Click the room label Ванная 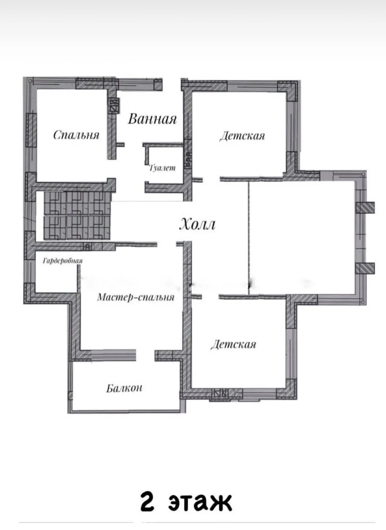point(152,119)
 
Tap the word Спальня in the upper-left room point(76,135)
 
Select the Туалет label point(162,168)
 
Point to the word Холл point(197,224)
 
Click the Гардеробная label point(63,261)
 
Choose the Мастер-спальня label point(136,297)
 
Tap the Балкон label point(124,388)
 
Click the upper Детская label point(242,136)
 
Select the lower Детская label point(233,344)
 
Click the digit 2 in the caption point(147,501)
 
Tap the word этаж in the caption point(200,502)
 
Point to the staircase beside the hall point(77,216)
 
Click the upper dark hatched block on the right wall point(365,207)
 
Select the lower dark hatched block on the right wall point(365,268)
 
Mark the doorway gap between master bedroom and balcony point(145,355)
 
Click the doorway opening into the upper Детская point(211,180)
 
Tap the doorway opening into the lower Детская point(210,297)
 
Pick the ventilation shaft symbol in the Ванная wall point(114,106)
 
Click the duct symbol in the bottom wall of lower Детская point(221,393)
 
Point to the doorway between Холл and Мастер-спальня point(166,244)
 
